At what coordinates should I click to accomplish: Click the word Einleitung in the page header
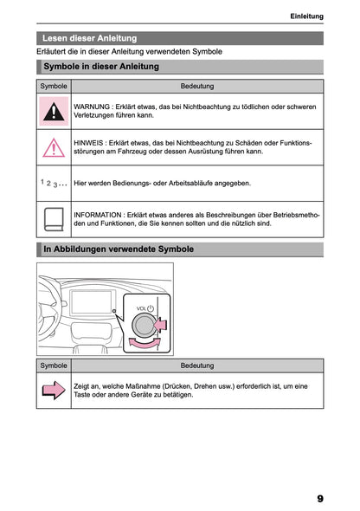tap(306, 16)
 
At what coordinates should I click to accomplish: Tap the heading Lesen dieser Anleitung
tap(90, 38)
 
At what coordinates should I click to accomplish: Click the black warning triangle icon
tap(55, 110)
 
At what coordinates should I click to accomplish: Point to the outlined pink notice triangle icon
tap(55, 146)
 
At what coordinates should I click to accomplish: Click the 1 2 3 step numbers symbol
tap(54, 184)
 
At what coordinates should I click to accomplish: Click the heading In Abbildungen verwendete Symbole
tap(119, 249)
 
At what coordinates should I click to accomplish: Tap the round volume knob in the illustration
tap(144, 327)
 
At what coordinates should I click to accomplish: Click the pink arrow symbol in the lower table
tap(55, 391)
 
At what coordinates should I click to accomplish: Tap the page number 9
tap(319, 499)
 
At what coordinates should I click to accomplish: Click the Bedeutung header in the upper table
tap(197, 86)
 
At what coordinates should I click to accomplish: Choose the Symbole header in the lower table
tap(55, 365)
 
